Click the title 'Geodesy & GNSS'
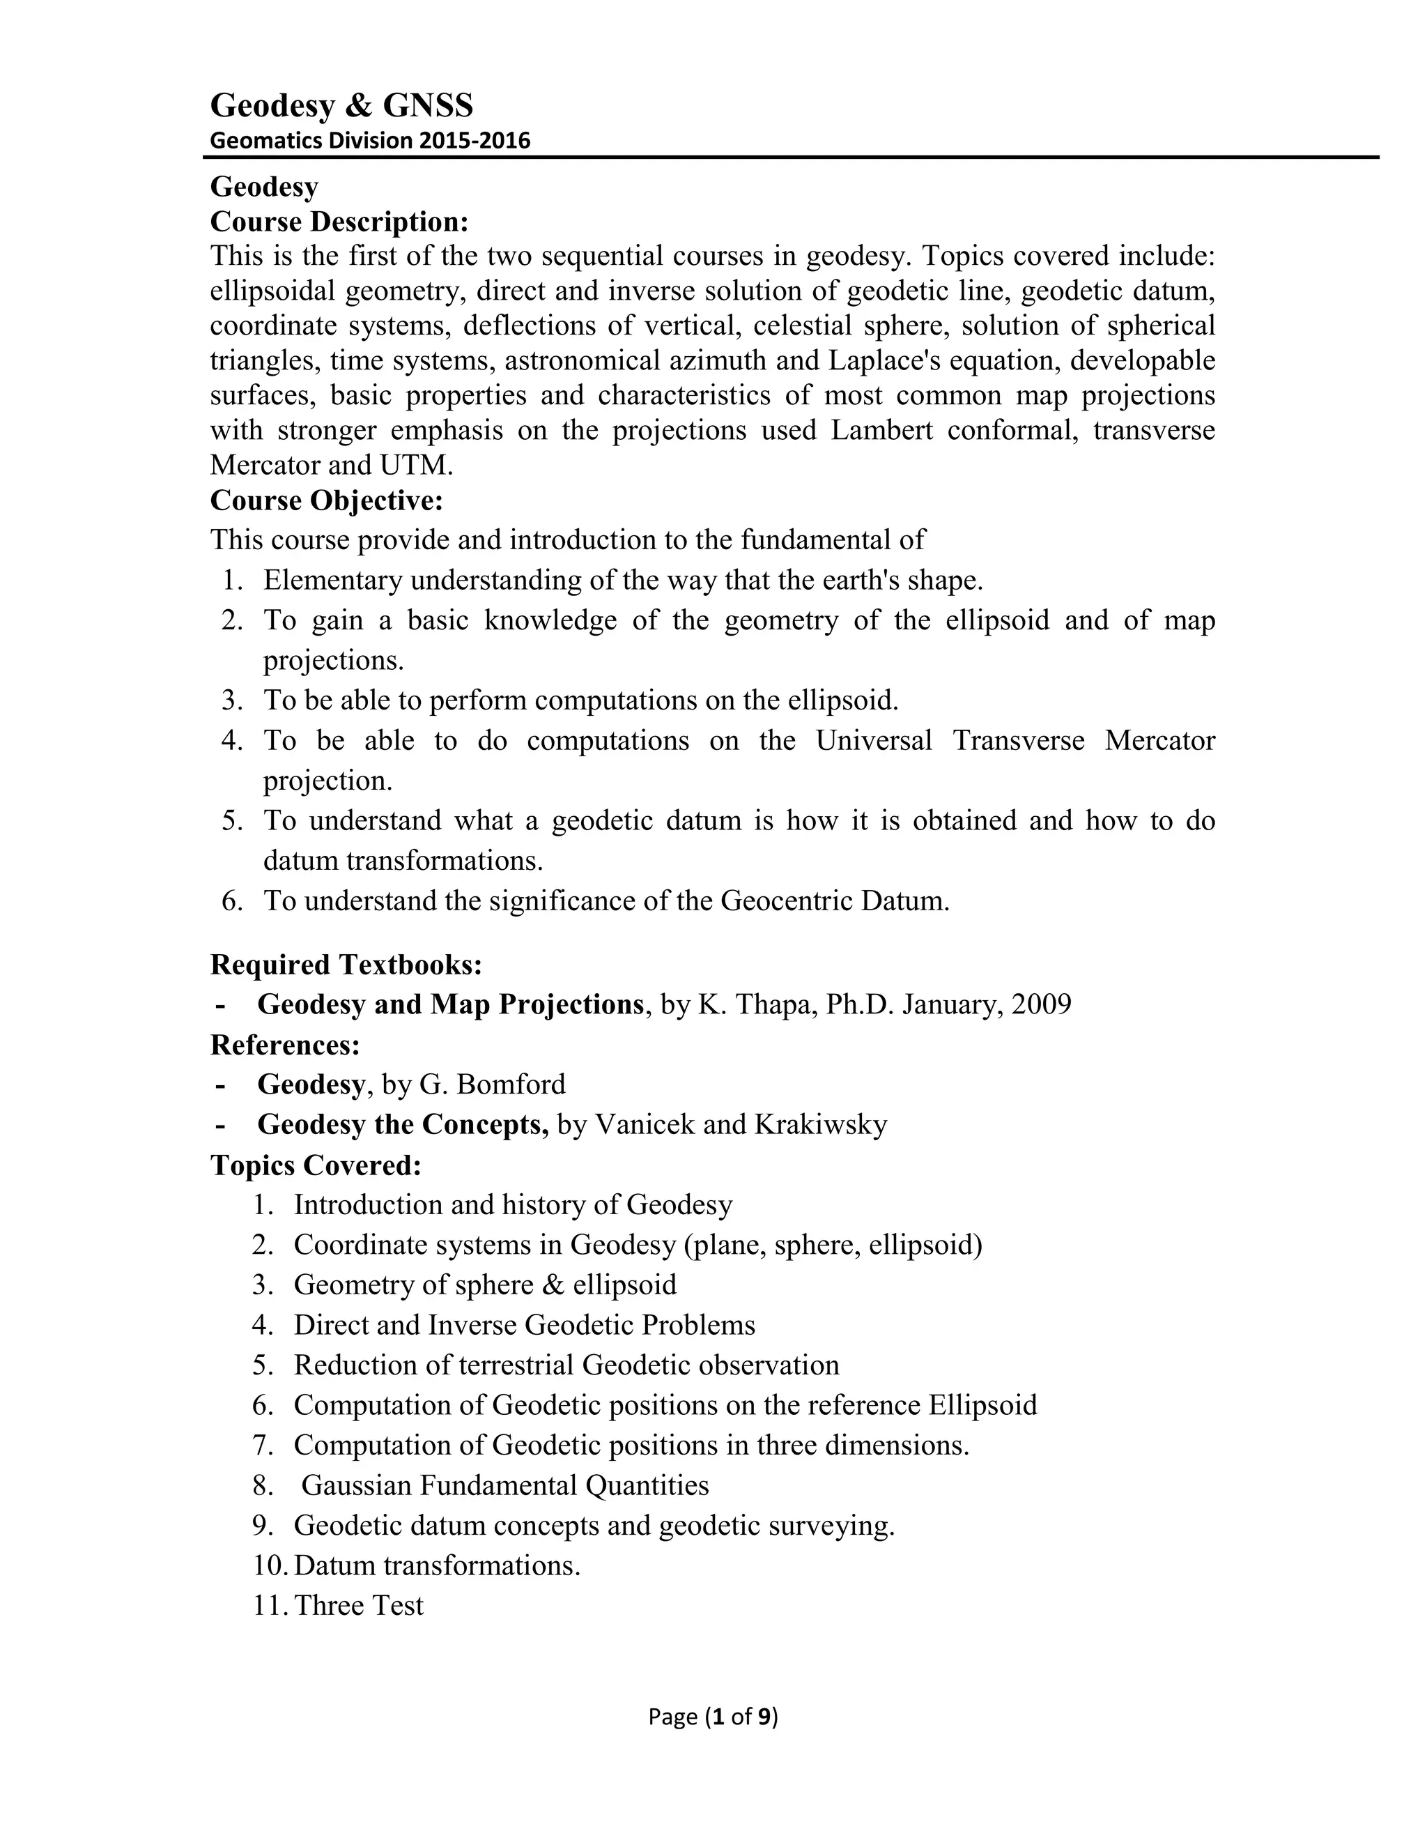pos(341,106)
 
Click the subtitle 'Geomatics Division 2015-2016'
pos(369,140)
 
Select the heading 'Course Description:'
pos(338,222)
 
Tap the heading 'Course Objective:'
pos(326,500)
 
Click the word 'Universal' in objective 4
pos(873,741)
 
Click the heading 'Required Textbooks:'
pos(346,964)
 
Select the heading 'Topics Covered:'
pos(316,1165)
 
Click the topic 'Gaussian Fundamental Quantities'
pos(504,1485)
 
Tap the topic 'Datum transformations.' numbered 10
pos(437,1565)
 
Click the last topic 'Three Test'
pos(360,1605)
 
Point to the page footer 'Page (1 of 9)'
pos(713,1716)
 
